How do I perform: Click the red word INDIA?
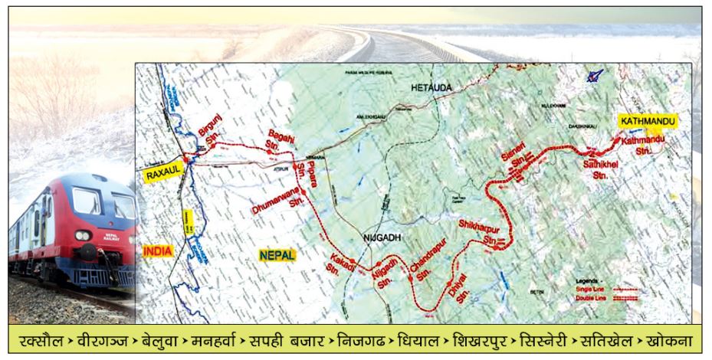click(157, 250)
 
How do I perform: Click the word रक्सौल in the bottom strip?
click(42, 339)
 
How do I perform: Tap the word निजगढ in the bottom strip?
click(359, 339)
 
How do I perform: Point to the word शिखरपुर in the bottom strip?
click(481, 339)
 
